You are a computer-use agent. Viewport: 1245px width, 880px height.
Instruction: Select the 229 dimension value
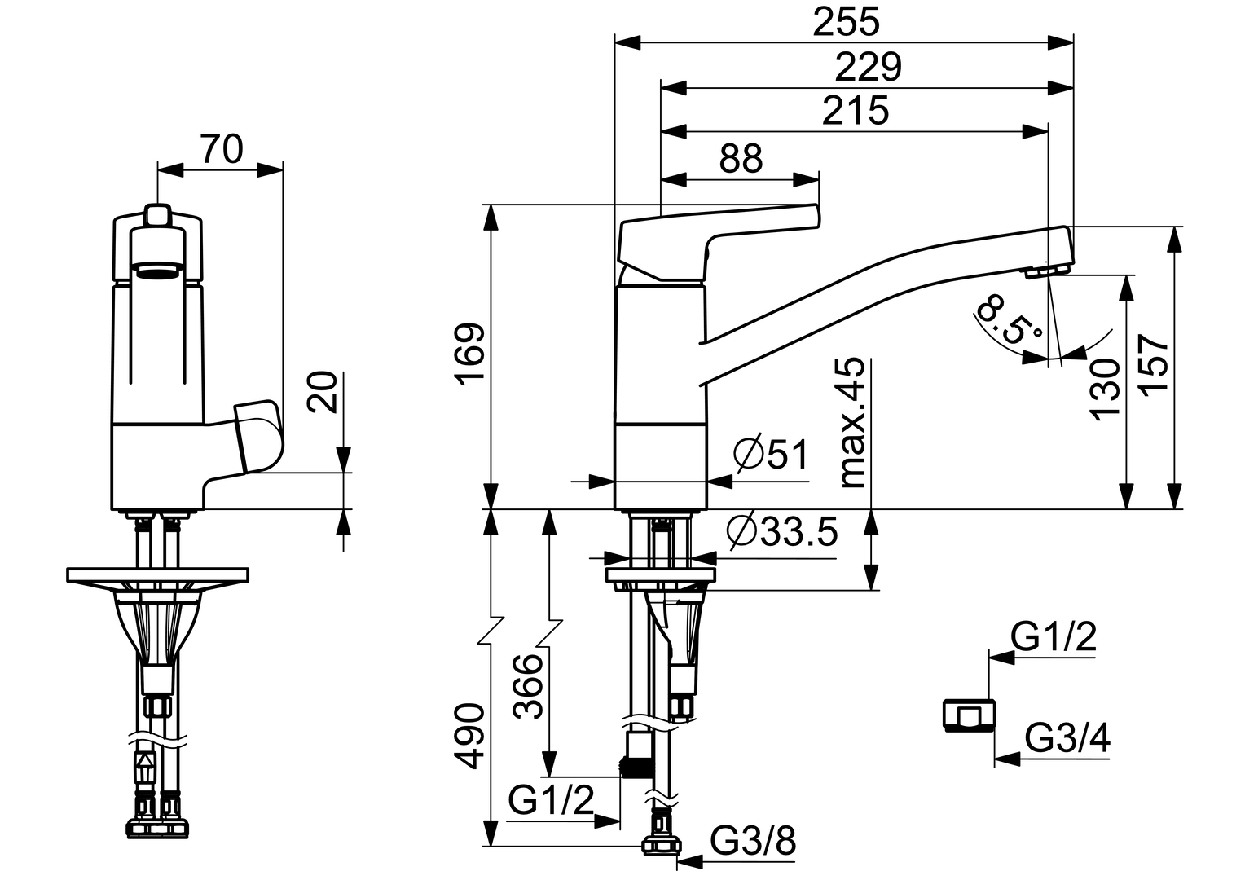(x=868, y=67)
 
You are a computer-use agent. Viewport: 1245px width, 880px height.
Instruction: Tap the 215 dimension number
(x=855, y=111)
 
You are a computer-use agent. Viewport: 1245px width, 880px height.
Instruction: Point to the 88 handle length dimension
(x=741, y=158)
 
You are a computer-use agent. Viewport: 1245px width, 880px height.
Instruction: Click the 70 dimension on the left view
(x=221, y=150)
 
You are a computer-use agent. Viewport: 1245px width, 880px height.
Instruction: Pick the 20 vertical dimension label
(x=323, y=392)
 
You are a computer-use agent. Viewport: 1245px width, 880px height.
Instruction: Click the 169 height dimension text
(x=469, y=355)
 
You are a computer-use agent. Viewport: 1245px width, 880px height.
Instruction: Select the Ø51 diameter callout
(x=770, y=455)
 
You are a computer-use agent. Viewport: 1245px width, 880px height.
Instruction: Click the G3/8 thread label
(x=752, y=839)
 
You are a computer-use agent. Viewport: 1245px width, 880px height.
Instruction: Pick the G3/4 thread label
(x=1067, y=739)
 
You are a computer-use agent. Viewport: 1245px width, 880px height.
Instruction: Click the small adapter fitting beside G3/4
(x=968, y=715)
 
